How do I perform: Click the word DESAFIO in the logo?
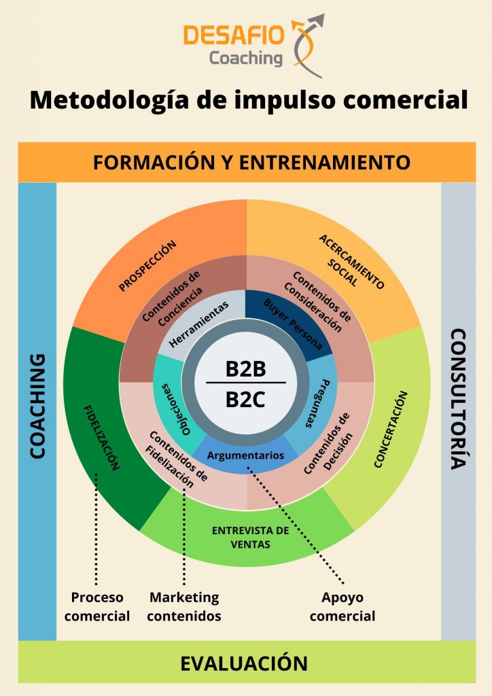[x=233, y=35]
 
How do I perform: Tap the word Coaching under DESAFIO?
[x=246, y=58]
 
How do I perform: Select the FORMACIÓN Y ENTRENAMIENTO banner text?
[x=251, y=162]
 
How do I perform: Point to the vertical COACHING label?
[x=37, y=406]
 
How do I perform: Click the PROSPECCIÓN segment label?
[x=147, y=266]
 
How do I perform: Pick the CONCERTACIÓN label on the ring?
[x=390, y=430]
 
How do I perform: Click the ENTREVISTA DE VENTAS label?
[x=250, y=537]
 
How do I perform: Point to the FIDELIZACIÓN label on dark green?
[x=102, y=438]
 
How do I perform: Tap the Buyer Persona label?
[x=293, y=324]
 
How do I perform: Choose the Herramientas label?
[x=198, y=324]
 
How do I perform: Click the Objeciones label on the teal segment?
[x=176, y=409]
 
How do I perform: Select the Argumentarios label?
[x=245, y=455]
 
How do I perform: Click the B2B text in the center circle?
[x=245, y=369]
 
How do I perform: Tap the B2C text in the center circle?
[x=245, y=400]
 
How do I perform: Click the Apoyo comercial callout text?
[x=342, y=607]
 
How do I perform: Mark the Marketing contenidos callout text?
[x=184, y=607]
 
